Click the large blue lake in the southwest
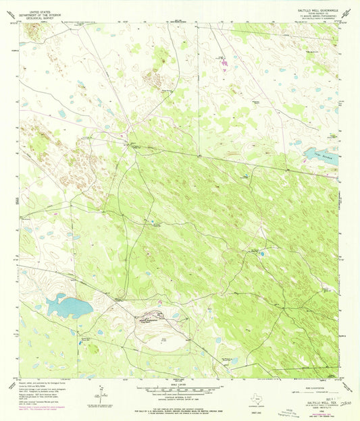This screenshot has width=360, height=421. [x=68, y=308]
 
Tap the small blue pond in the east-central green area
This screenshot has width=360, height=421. [x=261, y=254]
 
